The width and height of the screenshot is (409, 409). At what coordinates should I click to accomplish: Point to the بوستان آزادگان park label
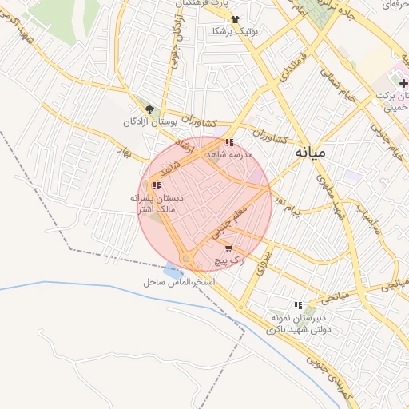click(149, 122)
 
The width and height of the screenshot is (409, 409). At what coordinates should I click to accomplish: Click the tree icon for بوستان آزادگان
click(149, 109)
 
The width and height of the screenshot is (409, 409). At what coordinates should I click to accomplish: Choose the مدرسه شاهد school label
click(229, 153)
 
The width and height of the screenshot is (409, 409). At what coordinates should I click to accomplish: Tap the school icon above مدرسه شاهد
click(230, 142)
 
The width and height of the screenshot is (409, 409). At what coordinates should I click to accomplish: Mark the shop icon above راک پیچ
click(229, 249)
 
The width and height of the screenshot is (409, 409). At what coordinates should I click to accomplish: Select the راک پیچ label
click(229, 261)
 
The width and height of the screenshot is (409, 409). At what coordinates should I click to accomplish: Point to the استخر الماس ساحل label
click(181, 283)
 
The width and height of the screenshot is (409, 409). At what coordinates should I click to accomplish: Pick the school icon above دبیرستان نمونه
click(299, 305)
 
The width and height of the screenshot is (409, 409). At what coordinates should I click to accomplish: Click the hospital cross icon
click(403, 83)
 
